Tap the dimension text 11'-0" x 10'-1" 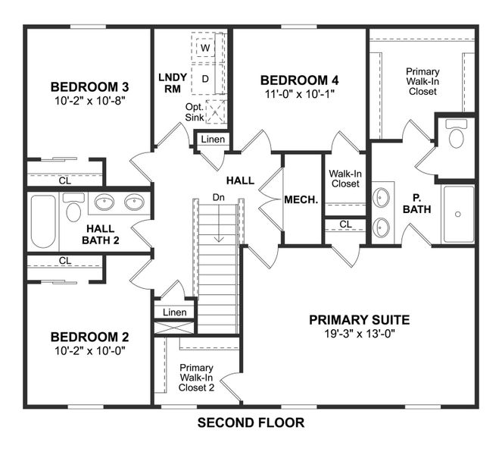tap(300, 94)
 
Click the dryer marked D tap(204, 78)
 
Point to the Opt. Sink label tap(194, 112)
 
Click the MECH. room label tap(301, 200)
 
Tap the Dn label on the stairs tap(218, 197)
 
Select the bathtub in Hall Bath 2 tap(43, 222)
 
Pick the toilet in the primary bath tap(456, 135)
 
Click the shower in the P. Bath tap(458, 214)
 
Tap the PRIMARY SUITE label tap(359, 319)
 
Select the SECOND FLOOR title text tap(251, 422)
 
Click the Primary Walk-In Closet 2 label tap(196, 377)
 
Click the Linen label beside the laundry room tap(213, 140)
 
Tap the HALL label tap(240, 180)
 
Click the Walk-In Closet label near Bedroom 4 tap(345, 178)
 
